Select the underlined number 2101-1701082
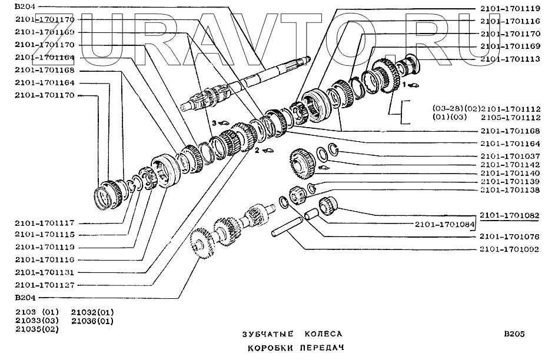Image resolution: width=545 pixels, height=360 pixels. click(x=509, y=215)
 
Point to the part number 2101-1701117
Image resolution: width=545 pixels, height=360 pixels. click(x=45, y=224)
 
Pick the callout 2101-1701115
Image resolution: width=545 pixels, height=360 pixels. click(x=45, y=235)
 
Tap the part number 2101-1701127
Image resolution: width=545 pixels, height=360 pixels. click(x=45, y=284)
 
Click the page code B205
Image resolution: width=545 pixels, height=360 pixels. click(x=513, y=334)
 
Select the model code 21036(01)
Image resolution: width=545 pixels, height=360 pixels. click(x=92, y=321)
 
